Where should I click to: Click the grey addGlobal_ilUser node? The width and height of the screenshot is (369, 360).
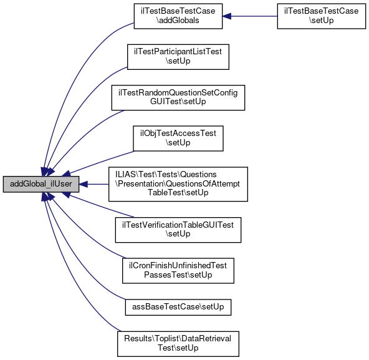41,184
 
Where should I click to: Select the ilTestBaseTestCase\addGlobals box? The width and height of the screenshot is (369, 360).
178,16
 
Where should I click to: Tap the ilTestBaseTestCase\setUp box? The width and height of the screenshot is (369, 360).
322,16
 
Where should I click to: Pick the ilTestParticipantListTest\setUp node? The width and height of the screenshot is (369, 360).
178,57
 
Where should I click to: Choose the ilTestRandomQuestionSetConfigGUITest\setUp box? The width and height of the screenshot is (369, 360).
178,97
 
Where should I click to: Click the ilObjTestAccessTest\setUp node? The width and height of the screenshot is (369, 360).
178,139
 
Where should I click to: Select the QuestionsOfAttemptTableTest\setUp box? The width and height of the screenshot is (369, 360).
178,184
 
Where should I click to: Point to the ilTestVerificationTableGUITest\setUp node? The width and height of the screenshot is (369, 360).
178,230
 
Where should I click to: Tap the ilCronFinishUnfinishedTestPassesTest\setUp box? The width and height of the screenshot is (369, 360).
178,271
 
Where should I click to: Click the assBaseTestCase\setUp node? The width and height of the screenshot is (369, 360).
178,307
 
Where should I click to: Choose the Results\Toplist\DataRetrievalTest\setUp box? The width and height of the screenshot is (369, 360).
178,344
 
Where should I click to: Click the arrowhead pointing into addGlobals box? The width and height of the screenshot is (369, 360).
227,16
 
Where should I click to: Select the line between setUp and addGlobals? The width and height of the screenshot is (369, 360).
254,16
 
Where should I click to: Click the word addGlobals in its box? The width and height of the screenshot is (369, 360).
178,21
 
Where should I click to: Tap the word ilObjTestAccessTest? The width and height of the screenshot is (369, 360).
178,134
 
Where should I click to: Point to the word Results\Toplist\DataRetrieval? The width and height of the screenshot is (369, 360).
178,339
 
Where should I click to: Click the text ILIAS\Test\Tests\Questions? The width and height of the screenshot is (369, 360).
166,174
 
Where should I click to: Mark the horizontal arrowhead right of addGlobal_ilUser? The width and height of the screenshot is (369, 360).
84,184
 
